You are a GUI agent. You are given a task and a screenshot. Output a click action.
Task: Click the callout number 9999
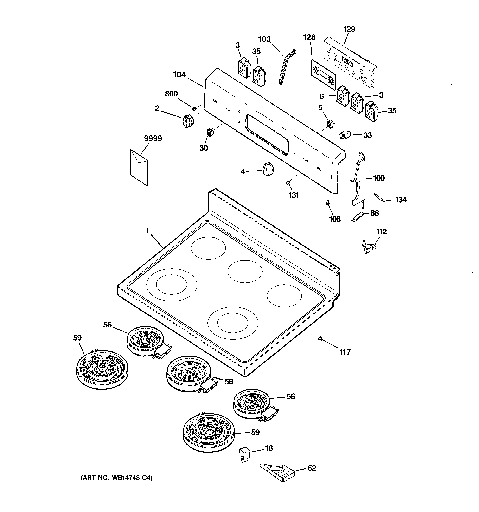(153, 139)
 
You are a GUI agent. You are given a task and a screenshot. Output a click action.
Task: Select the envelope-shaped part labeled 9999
(139, 167)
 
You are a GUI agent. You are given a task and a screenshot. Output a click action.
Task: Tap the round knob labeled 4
(268, 169)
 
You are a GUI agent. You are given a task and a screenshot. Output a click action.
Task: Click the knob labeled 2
(188, 121)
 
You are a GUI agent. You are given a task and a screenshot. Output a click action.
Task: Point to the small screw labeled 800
(195, 108)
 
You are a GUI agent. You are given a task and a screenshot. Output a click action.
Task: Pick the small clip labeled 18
(244, 454)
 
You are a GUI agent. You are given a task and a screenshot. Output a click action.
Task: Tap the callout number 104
(179, 74)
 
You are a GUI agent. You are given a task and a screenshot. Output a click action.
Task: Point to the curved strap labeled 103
(286, 67)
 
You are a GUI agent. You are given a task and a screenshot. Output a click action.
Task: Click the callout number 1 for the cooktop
(147, 231)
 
